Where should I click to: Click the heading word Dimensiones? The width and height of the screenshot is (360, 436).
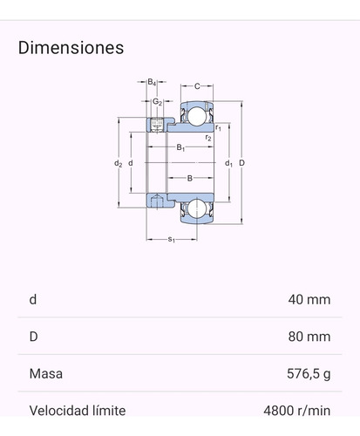pos(71,47)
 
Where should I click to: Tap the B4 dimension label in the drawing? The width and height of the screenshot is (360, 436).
pos(151,82)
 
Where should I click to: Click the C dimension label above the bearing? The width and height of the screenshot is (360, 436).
pos(197,86)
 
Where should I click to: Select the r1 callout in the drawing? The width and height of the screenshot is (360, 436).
pos(218,128)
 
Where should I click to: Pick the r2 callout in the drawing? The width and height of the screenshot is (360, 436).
pos(207,138)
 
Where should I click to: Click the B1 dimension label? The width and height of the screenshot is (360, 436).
pos(180,147)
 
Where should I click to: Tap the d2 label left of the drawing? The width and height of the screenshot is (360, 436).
pos(117,163)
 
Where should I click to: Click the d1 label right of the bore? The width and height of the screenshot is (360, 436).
pos(228,163)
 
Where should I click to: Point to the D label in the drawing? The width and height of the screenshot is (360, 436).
pos(241,163)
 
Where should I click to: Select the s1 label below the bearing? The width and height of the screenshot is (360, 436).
pos(172,239)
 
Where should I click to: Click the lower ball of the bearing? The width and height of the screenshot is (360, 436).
pos(197,209)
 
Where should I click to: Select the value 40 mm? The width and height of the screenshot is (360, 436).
pos(309,300)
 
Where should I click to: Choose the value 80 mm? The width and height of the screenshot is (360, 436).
pos(309,337)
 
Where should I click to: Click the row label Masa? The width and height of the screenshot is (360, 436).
pos(45,374)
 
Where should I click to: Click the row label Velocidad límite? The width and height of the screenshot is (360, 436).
pos(78,411)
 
